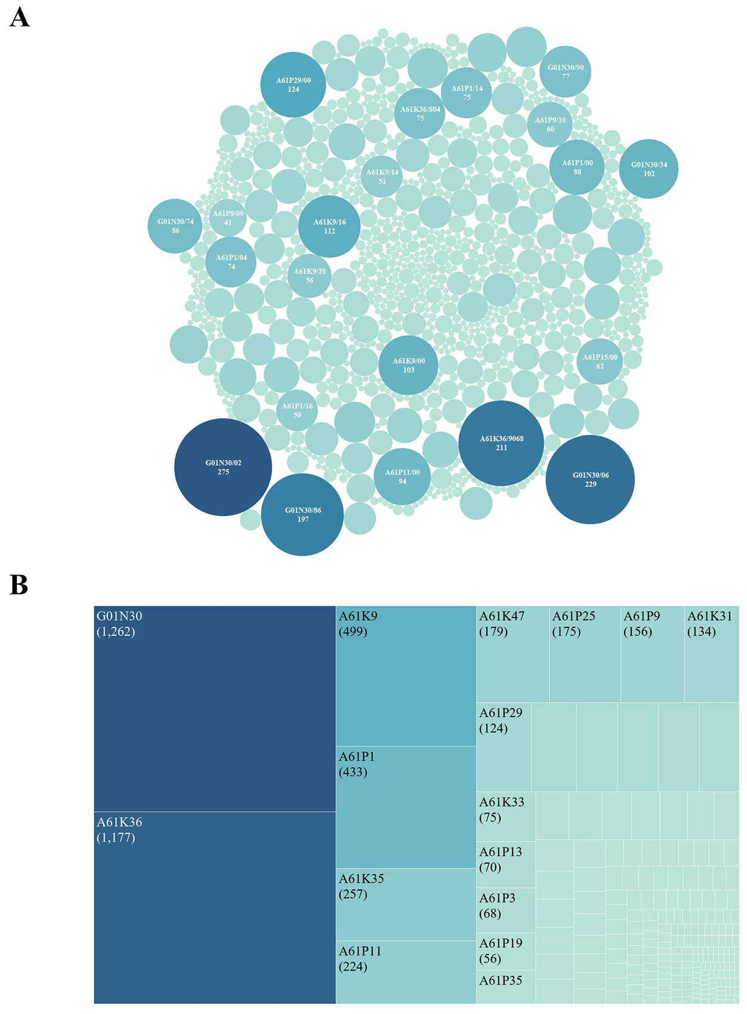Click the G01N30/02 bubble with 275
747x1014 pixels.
tap(223, 467)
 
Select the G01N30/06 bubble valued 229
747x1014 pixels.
tap(590, 480)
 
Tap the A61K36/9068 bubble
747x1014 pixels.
tap(501, 443)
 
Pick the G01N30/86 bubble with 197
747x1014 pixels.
tap(302, 515)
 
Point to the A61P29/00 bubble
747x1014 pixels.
tap(293, 85)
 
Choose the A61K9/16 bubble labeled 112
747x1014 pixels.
tap(329, 227)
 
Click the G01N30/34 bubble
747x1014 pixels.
tap(649, 169)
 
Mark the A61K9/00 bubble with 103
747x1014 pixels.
tap(408, 365)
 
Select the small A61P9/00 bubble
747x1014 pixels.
tap(228, 218)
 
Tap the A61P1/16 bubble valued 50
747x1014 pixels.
tap(297, 410)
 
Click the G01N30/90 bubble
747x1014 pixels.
tap(565, 72)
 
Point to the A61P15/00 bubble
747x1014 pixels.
tap(600, 361)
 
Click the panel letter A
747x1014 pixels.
tap(20, 18)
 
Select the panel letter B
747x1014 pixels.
tap(19, 585)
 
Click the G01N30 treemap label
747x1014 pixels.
tap(119, 616)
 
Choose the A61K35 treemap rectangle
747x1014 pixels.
tap(406, 904)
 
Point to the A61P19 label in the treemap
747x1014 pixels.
tap(501, 943)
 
